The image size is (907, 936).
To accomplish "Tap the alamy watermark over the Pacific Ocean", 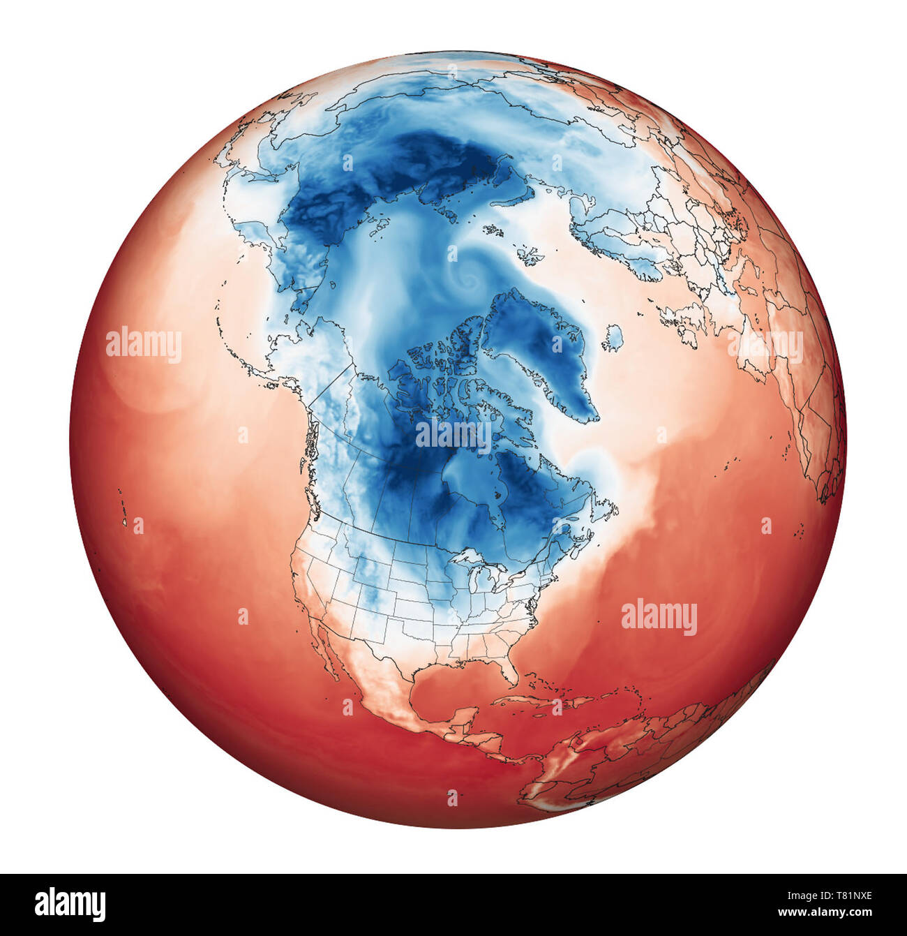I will point(144,345).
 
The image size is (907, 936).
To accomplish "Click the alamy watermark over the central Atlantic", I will point(659,617).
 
